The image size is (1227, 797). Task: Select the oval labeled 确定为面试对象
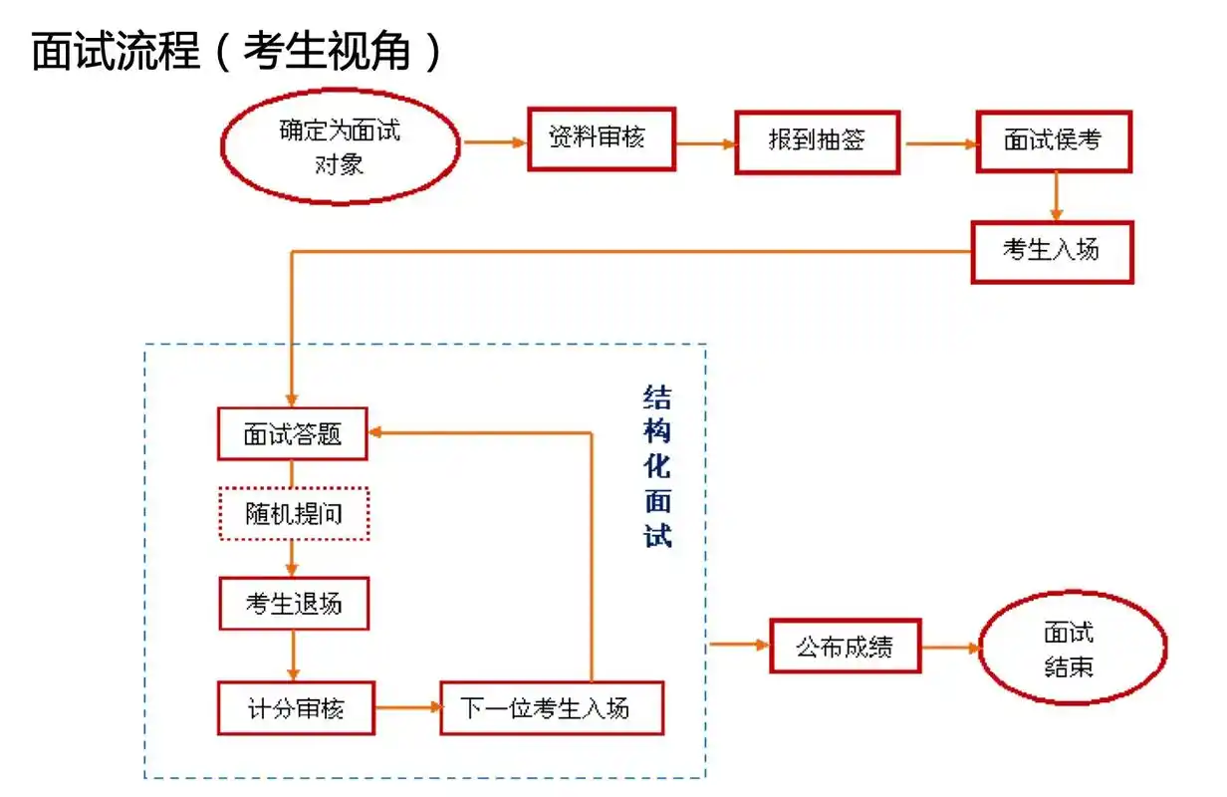[x=340, y=145]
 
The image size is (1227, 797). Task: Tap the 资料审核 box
[x=601, y=139]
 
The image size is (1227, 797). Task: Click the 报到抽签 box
[x=817, y=141]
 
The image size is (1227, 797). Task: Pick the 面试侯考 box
[x=1053, y=141]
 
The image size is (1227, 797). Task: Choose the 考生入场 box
[x=1052, y=251]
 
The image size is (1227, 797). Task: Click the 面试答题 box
[x=292, y=433]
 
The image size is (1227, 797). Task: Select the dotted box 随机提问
[x=293, y=514]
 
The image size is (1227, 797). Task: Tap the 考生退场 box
[x=293, y=604]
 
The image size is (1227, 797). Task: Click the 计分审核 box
[x=296, y=708]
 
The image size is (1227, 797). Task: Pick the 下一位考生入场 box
[x=551, y=708]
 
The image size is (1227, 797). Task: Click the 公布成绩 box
[x=845, y=646]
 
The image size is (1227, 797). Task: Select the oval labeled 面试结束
[x=1072, y=649]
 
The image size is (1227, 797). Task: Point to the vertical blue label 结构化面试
[x=657, y=467]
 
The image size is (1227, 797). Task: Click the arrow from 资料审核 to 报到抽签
[x=705, y=143]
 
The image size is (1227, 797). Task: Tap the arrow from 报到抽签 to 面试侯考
[x=938, y=143]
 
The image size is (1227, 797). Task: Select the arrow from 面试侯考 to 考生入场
[x=1057, y=196]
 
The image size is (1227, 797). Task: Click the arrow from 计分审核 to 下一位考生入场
[x=407, y=708]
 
